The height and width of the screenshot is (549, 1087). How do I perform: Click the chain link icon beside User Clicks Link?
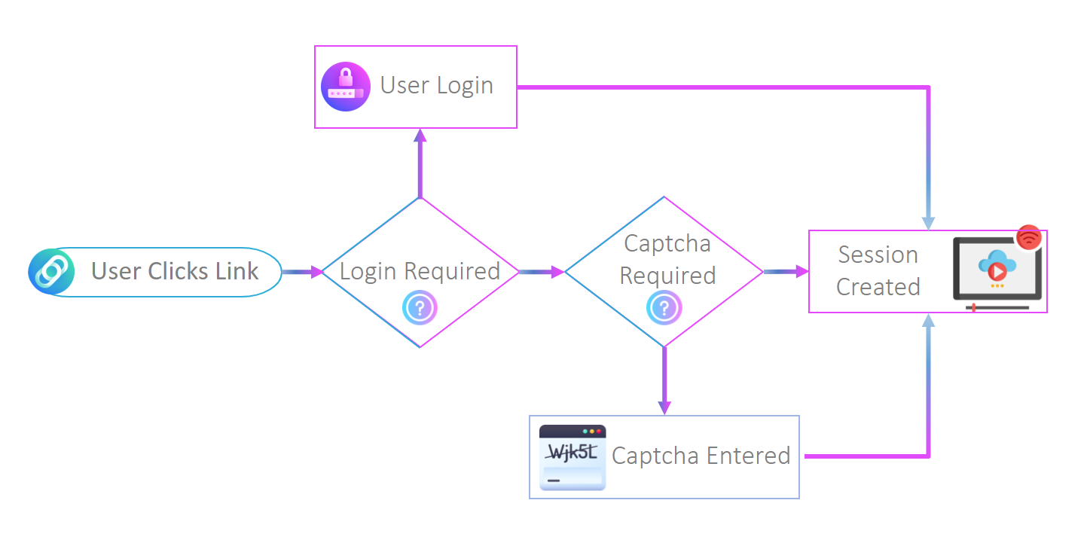pyautogui.click(x=51, y=272)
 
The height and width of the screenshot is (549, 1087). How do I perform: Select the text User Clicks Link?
pyautogui.click(x=175, y=271)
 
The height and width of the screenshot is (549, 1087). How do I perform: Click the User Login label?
pyautogui.click(x=436, y=86)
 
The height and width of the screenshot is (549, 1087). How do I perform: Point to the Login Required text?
pyautogui.click(x=420, y=271)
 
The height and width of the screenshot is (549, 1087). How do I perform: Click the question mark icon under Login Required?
pyautogui.click(x=420, y=307)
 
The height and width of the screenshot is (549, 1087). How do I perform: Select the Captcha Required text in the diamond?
pyautogui.click(x=667, y=260)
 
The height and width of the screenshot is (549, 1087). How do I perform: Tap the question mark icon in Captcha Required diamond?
pyautogui.click(x=664, y=307)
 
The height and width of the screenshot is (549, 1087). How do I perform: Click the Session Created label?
pyautogui.click(x=878, y=271)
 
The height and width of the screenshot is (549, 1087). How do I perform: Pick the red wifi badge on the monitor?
pyautogui.click(x=1029, y=237)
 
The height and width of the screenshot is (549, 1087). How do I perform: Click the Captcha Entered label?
pyautogui.click(x=701, y=456)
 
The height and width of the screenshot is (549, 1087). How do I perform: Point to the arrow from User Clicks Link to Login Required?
pyautogui.click(x=302, y=272)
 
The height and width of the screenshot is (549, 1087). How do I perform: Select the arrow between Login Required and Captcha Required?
pyautogui.click(x=542, y=272)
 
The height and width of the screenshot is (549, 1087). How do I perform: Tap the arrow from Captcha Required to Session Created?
pyautogui.click(x=786, y=271)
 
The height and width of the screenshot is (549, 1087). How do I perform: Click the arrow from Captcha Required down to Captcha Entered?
pyautogui.click(x=664, y=380)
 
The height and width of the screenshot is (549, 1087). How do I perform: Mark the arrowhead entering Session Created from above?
pyautogui.click(x=928, y=223)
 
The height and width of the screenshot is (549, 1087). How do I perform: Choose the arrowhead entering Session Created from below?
pyautogui.click(x=928, y=320)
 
